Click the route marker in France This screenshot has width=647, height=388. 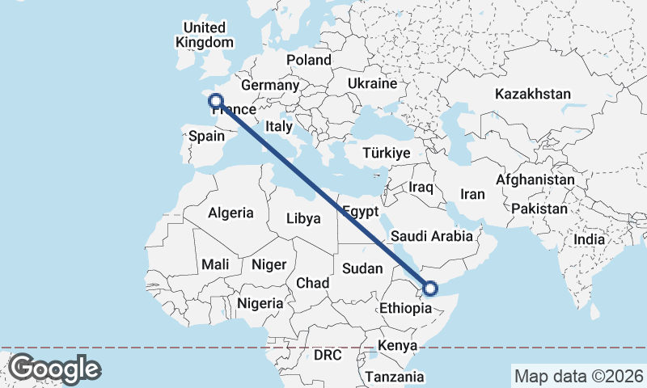[x=216, y=101]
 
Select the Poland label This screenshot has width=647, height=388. [x=309, y=60]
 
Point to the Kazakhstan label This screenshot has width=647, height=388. [x=534, y=94]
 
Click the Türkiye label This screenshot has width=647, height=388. [x=387, y=153]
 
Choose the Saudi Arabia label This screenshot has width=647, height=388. [x=430, y=237]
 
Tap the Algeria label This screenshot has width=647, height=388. [x=231, y=213]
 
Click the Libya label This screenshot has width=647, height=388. [x=304, y=218]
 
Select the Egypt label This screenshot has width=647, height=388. [x=361, y=212]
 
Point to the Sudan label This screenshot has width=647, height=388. [x=362, y=268]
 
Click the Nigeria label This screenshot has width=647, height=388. [x=260, y=304]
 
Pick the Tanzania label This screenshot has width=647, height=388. [x=394, y=377]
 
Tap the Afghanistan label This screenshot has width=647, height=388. [x=536, y=179]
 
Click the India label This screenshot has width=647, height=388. [x=589, y=239]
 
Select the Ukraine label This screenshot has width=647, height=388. [x=372, y=83]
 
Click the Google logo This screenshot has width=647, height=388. [x=54, y=369]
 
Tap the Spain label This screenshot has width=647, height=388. [x=206, y=137]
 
